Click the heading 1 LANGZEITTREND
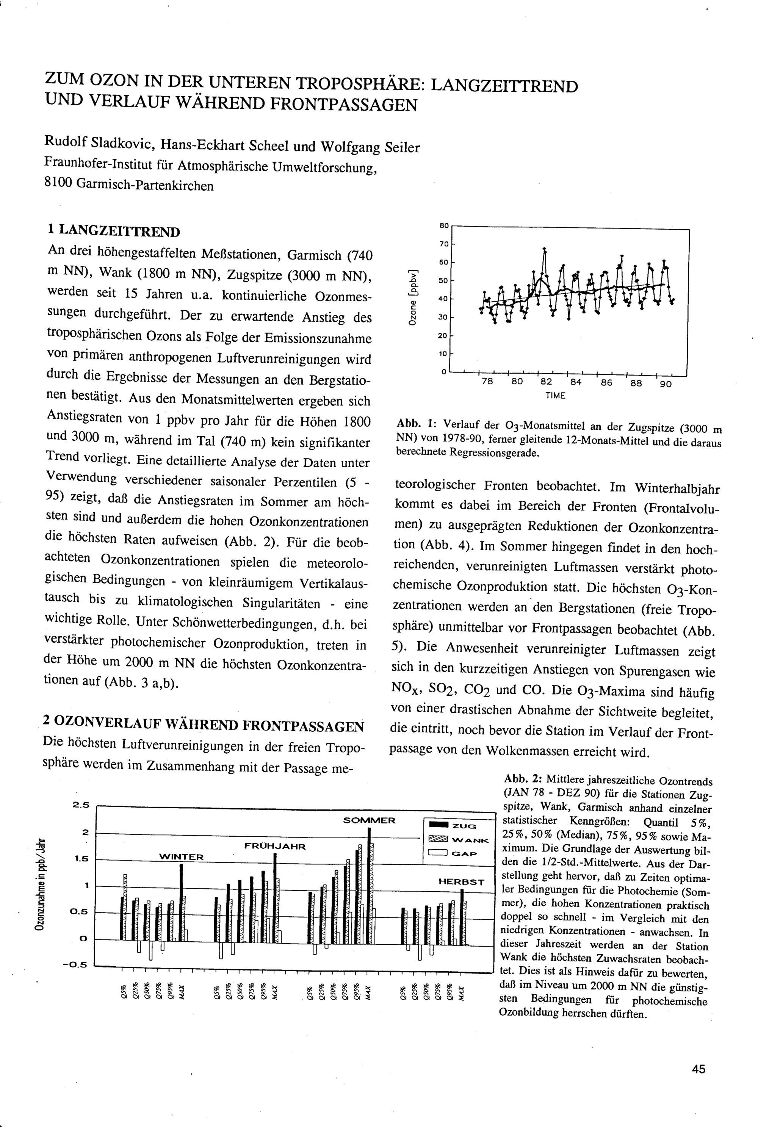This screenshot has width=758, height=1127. pos(114,232)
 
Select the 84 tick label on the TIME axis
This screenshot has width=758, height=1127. pos(576,382)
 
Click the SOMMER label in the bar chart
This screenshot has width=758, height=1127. pos(369,820)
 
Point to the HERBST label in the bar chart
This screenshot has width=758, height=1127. pos(461,881)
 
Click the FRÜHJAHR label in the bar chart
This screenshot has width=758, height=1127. pos(275,846)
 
